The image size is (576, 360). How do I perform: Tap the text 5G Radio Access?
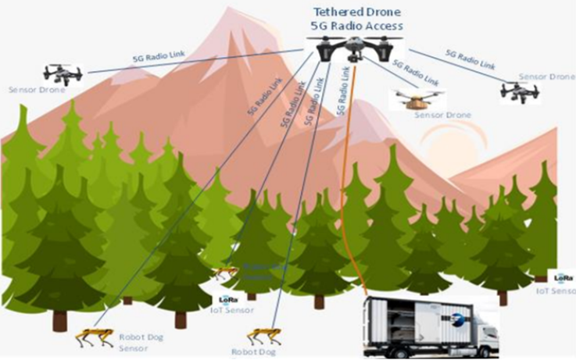356,26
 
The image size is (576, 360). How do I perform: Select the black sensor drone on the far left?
63,75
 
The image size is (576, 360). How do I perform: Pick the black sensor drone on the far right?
519,91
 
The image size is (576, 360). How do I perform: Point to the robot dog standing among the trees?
225,273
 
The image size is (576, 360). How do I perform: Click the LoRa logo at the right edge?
564,277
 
